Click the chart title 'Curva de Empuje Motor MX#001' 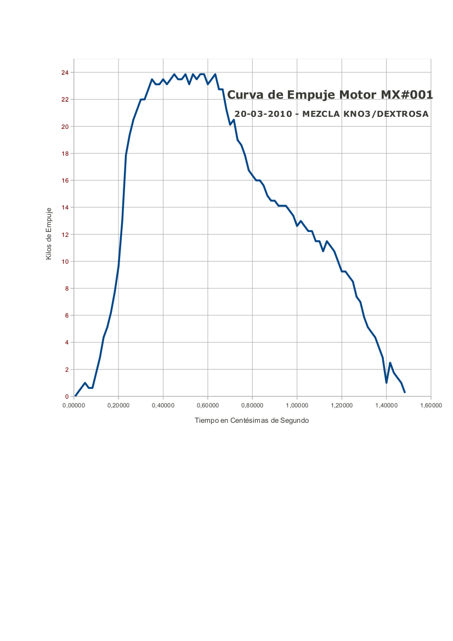(330, 95)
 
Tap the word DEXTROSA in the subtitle (405, 114)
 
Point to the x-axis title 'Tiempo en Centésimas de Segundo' (252, 421)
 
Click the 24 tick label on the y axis (65, 72)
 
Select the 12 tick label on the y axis (65, 235)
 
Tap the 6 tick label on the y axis (66, 315)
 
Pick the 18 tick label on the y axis (65, 154)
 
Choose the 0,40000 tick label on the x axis (163, 405)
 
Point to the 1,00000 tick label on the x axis (297, 405)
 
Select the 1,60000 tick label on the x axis (431, 405)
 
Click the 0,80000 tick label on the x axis (252, 405)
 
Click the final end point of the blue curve (405, 392)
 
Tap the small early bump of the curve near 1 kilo (85, 383)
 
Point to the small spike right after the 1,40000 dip (390, 363)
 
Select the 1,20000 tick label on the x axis (342, 405)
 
